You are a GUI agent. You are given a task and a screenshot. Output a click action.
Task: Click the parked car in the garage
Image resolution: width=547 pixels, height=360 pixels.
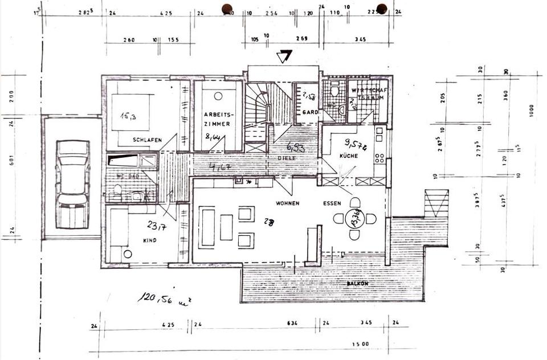click(73, 183)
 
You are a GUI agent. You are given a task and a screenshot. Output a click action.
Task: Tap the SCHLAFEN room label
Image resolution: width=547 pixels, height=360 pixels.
click(148, 140)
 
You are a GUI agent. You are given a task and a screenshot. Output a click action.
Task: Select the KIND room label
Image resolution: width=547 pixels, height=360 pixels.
click(150, 240)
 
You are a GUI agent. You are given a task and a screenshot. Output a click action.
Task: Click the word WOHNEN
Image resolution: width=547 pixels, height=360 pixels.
click(288, 203)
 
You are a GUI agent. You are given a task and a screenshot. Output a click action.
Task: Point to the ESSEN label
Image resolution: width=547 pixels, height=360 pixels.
click(332, 203)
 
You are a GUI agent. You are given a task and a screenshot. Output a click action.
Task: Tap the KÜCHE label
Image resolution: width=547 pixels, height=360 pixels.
click(349, 156)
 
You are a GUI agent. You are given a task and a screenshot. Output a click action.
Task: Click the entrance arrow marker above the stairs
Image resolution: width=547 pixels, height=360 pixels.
click(284, 56)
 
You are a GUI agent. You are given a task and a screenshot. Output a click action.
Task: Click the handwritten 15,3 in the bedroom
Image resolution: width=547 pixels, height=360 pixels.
click(128, 116)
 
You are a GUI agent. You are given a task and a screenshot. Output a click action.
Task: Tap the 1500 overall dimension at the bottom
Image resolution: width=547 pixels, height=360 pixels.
click(361, 344)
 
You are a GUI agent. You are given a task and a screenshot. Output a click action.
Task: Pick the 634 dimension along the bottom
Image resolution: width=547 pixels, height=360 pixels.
click(292, 323)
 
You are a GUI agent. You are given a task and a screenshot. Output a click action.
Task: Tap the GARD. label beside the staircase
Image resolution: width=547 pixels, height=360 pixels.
click(311, 112)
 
